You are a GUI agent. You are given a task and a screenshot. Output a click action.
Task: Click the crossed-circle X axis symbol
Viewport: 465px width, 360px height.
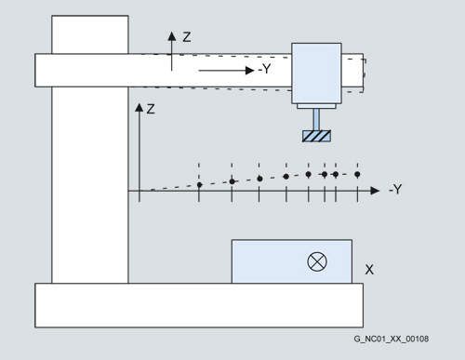(x=317, y=261)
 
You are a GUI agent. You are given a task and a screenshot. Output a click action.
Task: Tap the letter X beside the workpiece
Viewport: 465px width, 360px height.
(x=369, y=270)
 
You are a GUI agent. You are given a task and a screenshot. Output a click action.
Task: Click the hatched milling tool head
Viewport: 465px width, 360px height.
(x=316, y=136)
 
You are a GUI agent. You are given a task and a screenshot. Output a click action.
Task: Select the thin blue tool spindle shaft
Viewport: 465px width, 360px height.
(x=316, y=120)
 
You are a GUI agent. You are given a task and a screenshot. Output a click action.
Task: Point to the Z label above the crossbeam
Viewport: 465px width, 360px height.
(x=187, y=37)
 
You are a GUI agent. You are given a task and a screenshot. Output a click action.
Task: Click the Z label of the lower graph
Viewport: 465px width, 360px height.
(x=151, y=109)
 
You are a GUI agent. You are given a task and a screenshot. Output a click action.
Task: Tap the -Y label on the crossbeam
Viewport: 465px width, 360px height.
(x=264, y=69)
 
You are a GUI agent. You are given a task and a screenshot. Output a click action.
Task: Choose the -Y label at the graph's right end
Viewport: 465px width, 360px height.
(x=395, y=189)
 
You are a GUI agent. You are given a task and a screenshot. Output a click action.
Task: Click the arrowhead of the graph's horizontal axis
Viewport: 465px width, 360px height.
(x=375, y=191)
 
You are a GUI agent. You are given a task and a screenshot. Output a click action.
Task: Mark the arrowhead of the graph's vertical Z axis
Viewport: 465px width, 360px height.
(x=139, y=108)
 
